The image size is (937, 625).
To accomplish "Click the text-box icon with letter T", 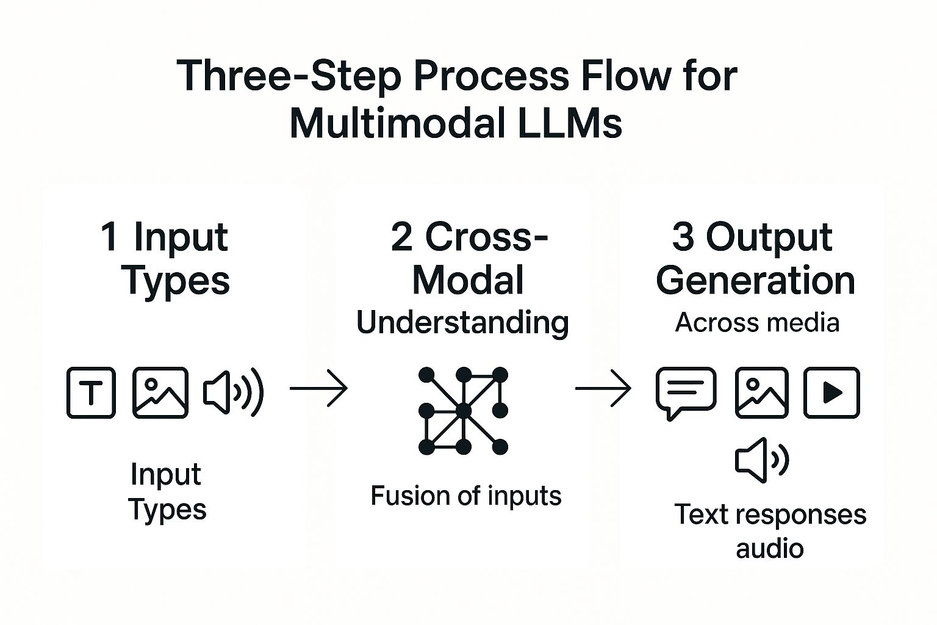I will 91,392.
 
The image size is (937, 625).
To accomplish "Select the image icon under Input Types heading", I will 160,392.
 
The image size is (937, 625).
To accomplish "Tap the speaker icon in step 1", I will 233,392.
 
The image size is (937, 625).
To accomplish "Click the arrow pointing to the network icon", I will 318,388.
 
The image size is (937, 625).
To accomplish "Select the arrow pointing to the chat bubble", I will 603,388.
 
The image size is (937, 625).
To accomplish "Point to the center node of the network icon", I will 464,411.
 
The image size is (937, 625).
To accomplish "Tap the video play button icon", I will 831,392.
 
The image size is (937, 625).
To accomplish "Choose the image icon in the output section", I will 761,392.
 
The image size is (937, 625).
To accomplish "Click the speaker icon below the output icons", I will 762,460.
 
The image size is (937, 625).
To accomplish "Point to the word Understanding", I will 462,323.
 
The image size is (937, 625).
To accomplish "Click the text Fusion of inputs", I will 465,496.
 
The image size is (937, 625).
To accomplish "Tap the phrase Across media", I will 757,322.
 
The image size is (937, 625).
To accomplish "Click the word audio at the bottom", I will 769,548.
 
